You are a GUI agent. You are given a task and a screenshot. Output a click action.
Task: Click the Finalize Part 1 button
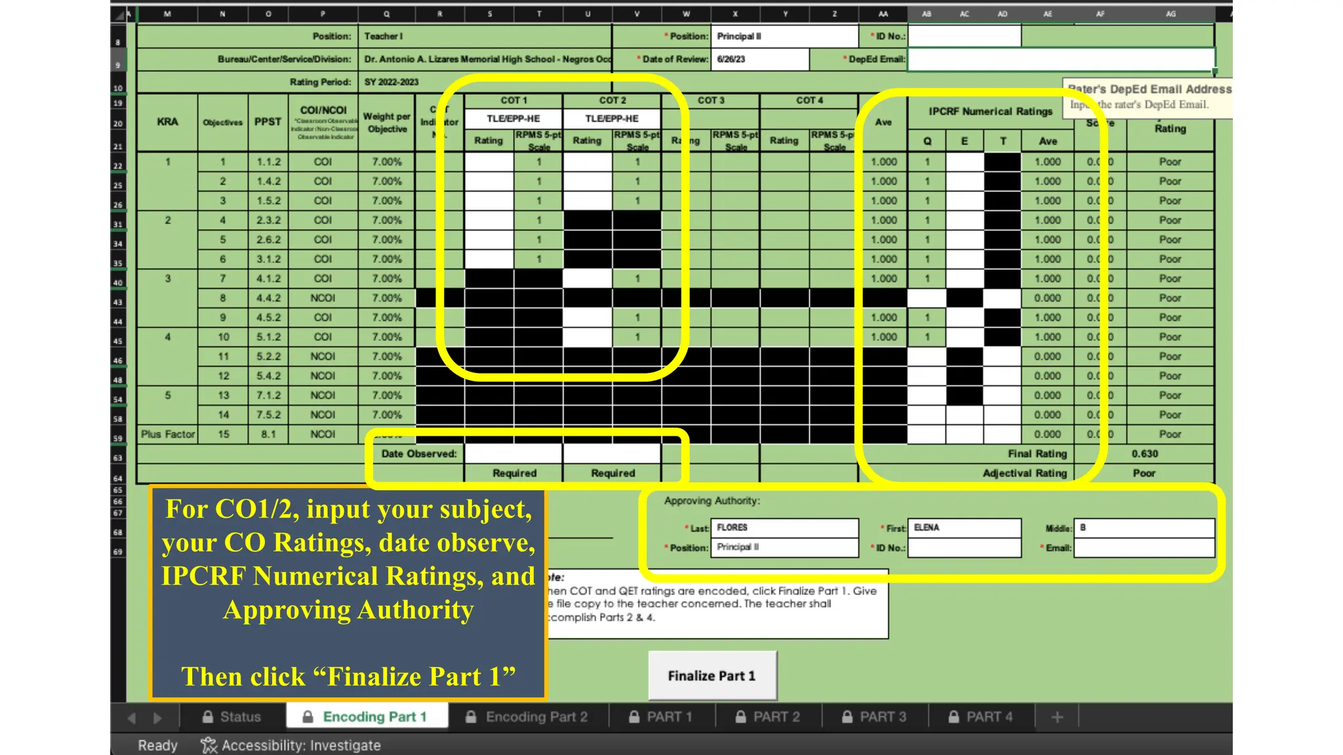tap(712, 676)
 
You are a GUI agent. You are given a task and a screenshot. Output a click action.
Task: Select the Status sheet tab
tap(231, 717)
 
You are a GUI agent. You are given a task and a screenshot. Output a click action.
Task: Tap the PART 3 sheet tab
tap(874, 717)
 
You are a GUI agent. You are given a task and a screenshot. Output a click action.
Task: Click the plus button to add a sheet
tap(1057, 718)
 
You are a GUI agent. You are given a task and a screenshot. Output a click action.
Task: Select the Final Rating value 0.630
tap(1144, 454)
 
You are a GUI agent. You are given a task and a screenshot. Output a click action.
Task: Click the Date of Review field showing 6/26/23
tap(760, 59)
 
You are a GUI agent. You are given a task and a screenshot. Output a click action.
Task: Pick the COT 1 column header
tap(513, 100)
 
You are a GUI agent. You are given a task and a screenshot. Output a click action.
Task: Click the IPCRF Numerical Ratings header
tap(990, 111)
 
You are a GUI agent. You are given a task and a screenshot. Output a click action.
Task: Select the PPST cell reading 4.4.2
tap(268, 298)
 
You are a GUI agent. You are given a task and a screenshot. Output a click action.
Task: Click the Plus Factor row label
tap(168, 434)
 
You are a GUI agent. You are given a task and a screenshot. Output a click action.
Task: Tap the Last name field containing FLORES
tap(784, 528)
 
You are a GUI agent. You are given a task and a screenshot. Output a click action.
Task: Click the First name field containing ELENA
tap(964, 528)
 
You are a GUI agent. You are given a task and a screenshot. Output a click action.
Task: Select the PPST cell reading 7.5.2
tap(268, 415)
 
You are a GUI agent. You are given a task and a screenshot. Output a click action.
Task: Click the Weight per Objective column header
tap(387, 123)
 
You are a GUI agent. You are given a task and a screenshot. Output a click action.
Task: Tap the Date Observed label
tap(419, 454)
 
